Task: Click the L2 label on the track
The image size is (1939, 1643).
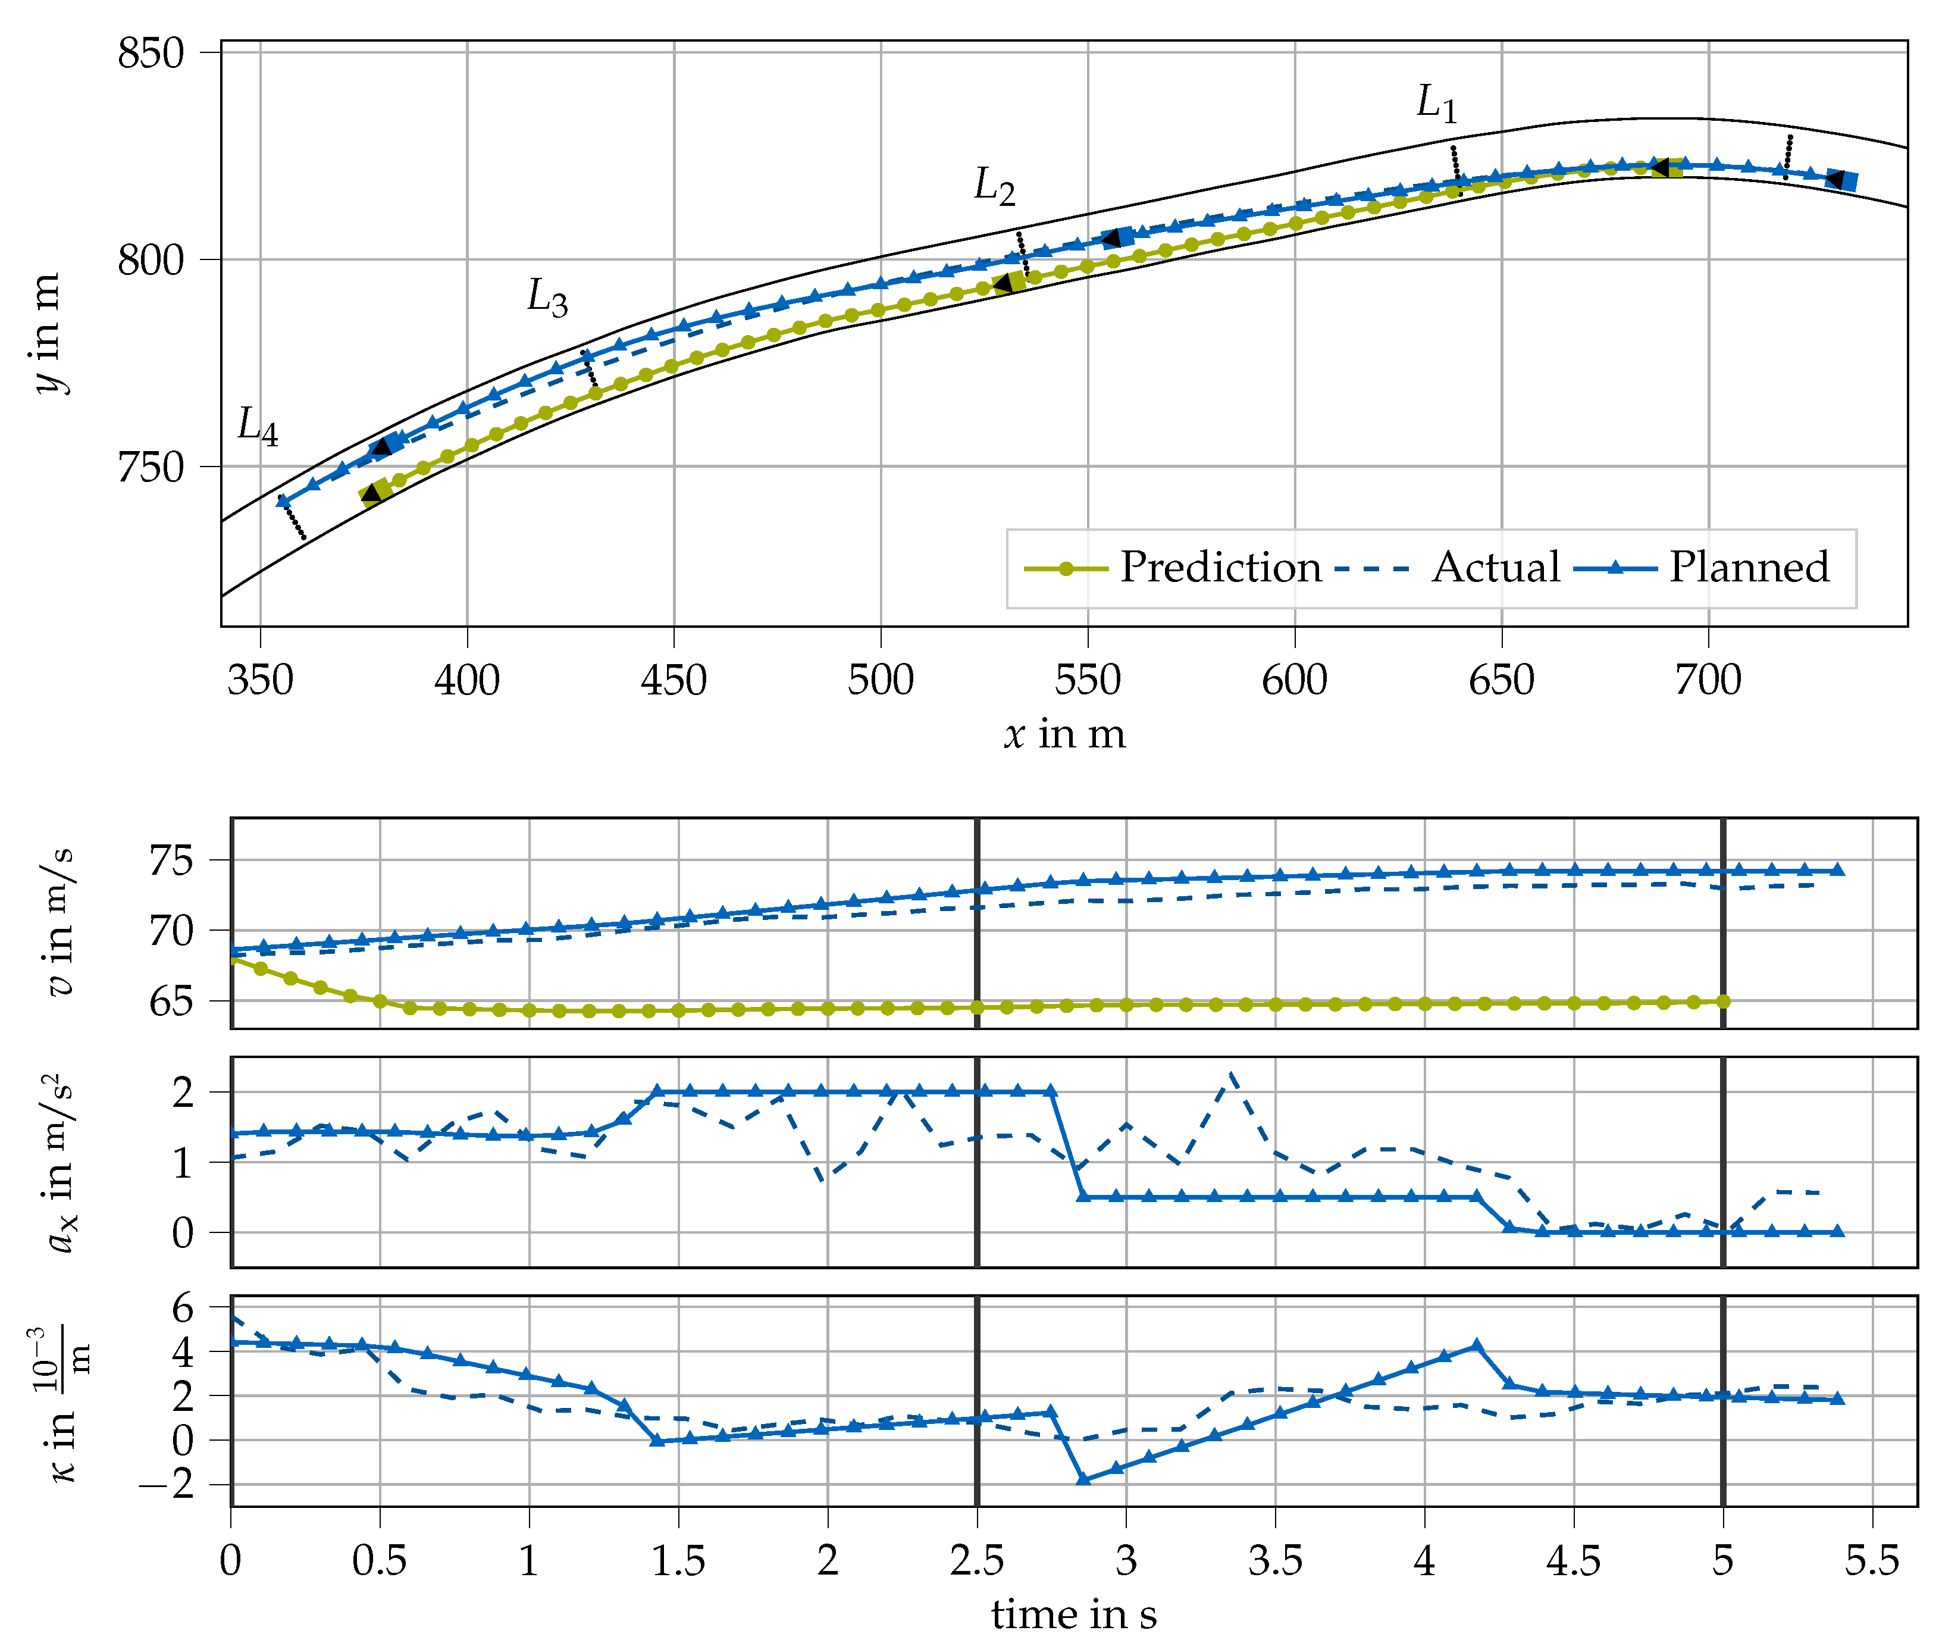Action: tap(993, 186)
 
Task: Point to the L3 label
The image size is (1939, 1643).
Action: tap(547, 298)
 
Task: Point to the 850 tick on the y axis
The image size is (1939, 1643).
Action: tap(152, 53)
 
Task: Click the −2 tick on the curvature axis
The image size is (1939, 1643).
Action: tap(168, 1485)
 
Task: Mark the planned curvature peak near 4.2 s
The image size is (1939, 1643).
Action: tap(1476, 1346)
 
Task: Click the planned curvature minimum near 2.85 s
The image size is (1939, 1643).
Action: tap(1082, 1479)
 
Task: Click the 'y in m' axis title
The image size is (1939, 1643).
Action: tap(46, 333)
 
